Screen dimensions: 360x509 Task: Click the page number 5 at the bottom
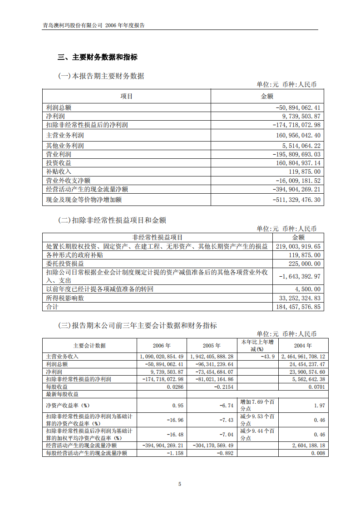[180, 484]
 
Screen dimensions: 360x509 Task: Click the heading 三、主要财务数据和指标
[97, 57]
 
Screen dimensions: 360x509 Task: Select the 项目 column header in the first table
[127, 96]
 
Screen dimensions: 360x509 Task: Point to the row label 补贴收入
[59, 171]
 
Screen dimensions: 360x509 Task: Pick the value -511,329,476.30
[298, 200]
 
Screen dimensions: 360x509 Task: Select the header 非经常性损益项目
[158, 237]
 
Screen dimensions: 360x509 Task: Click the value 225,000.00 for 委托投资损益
[304, 264]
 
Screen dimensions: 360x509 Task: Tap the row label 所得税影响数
[65, 298]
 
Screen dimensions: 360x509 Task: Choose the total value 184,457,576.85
[298, 307]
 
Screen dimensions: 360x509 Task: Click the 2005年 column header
[212, 346]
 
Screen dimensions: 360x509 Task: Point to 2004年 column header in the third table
[303, 346]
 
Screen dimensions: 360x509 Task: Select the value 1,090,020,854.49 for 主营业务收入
[162, 357]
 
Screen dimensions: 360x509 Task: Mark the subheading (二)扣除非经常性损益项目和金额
[112, 220]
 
